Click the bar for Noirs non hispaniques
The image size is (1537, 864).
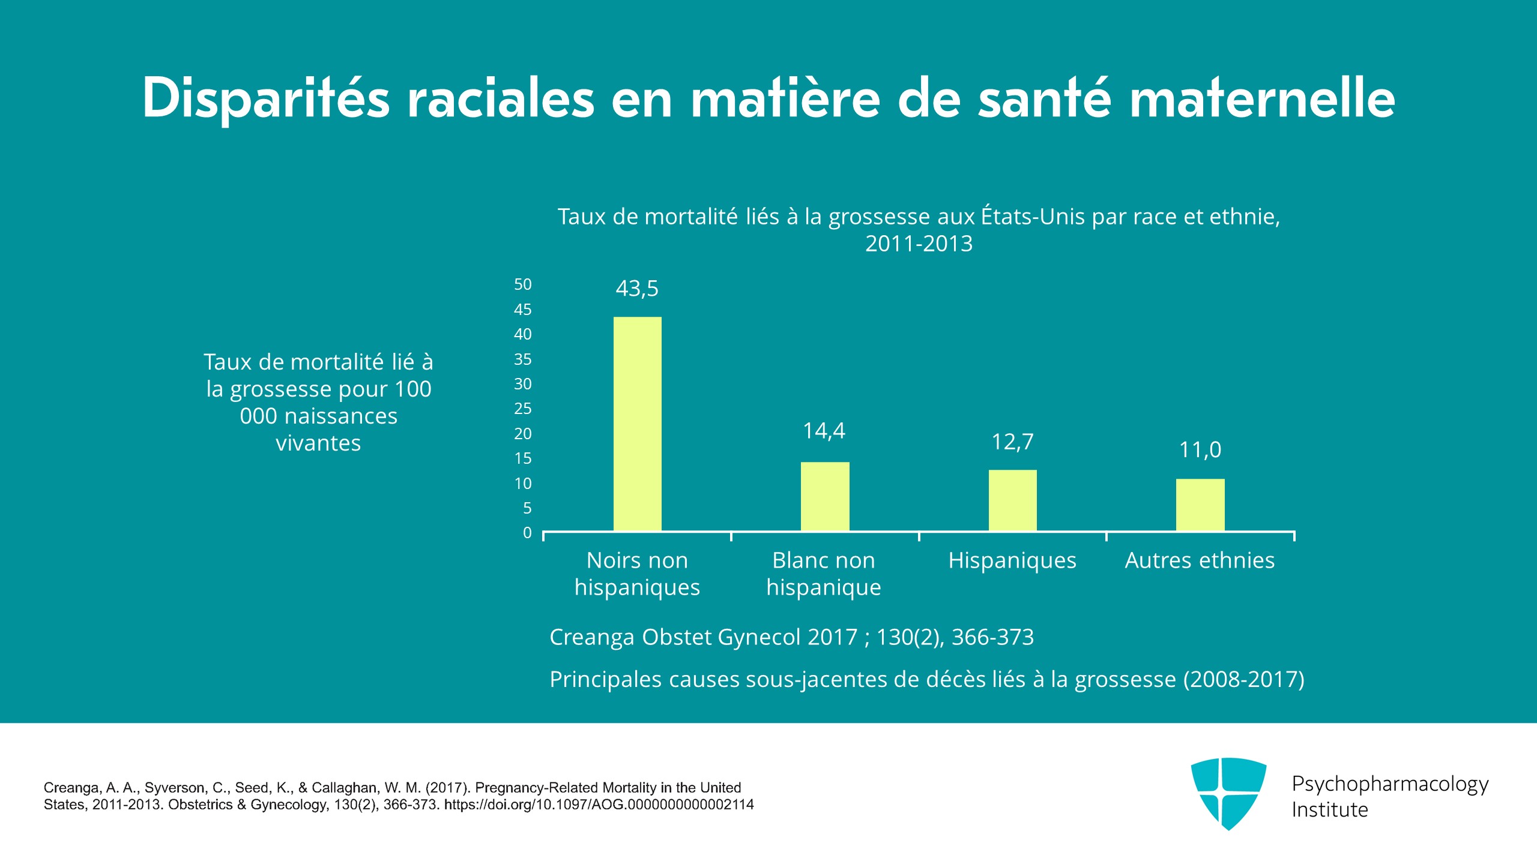pos(637,424)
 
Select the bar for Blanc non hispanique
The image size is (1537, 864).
pos(825,496)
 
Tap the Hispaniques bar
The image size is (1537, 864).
pos(1012,500)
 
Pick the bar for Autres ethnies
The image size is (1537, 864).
pos(1200,505)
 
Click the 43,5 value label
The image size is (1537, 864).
pos(637,289)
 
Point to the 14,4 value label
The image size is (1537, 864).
pos(824,431)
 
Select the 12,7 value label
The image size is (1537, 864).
pos(1012,442)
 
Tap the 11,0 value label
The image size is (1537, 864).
pos(1200,450)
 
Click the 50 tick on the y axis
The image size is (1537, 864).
pos(523,284)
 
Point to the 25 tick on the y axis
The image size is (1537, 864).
pos(523,409)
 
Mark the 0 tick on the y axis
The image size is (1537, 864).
pos(527,533)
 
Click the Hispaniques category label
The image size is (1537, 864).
pos(1012,560)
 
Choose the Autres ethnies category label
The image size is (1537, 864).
pos(1200,560)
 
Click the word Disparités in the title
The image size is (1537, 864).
pos(267,99)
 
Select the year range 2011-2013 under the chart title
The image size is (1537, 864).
pos(919,244)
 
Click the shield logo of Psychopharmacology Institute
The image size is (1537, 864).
pos(1228,793)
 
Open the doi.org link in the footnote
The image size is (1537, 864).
pos(599,805)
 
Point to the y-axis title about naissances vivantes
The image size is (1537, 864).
pos(318,402)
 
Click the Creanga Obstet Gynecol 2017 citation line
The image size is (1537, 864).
pos(791,637)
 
